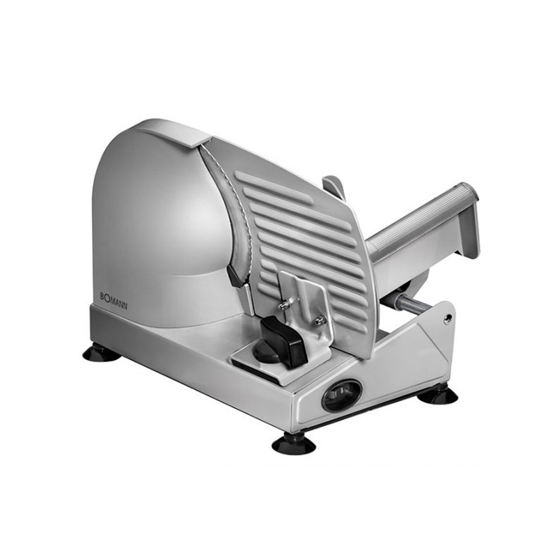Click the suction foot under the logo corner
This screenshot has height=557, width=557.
[x=102, y=354]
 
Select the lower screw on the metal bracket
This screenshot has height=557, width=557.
[x=320, y=320]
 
